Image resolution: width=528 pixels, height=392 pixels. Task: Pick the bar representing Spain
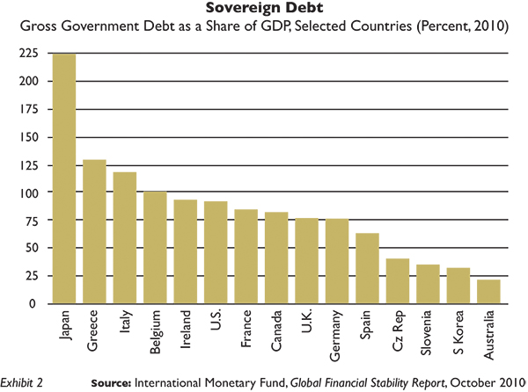coord(368,268)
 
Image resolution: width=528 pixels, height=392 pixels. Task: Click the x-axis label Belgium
coord(155,331)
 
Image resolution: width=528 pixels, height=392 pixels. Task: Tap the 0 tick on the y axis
coord(35,303)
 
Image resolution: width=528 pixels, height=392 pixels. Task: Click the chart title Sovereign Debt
coord(264,9)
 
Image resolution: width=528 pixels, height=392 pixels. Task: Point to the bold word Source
coord(116,382)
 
